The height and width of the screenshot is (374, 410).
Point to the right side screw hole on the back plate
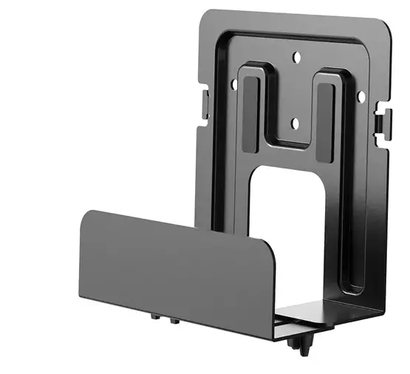click(361, 95)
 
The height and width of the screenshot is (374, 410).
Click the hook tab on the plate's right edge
click(382, 118)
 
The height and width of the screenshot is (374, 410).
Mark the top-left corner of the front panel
click(83, 212)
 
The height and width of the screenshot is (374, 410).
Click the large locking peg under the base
click(301, 347)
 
